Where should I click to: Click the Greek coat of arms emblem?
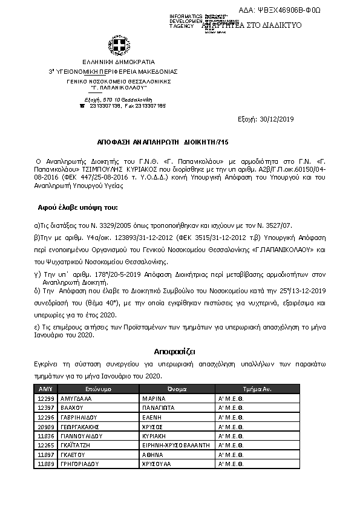click(103, 47)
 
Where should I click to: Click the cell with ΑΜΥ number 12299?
click(47, 399)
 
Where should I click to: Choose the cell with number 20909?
click(47, 426)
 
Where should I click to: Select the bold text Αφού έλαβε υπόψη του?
click(79, 207)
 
